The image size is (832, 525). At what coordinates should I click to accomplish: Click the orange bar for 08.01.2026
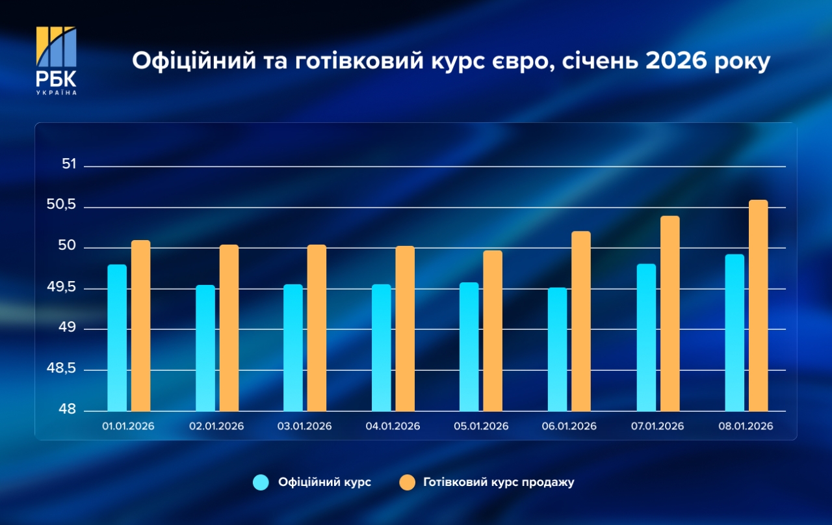[758, 306]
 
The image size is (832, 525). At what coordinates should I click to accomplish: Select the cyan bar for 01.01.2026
[117, 338]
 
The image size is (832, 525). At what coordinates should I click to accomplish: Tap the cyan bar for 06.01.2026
[557, 349]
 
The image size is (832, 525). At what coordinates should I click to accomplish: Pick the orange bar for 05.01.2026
[493, 330]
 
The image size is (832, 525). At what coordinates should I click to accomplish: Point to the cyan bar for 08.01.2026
[734, 332]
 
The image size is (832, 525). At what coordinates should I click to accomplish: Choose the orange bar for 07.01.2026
[669, 314]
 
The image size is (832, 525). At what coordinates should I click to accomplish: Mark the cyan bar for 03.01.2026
[293, 347]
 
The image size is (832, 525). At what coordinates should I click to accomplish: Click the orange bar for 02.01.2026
[229, 328]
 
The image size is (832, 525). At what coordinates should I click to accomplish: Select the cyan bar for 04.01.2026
[382, 347]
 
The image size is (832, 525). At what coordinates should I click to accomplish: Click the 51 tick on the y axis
[69, 165]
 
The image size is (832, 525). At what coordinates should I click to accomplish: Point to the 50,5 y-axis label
[62, 206]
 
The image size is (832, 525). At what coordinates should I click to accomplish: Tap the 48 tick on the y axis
[69, 410]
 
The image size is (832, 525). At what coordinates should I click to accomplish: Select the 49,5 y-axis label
[62, 288]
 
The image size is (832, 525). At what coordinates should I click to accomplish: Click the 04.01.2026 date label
[393, 427]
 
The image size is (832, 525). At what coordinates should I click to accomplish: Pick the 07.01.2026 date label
[657, 427]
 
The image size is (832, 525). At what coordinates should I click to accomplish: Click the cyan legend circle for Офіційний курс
[261, 483]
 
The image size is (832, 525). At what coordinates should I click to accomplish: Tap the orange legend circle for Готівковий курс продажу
[407, 483]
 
